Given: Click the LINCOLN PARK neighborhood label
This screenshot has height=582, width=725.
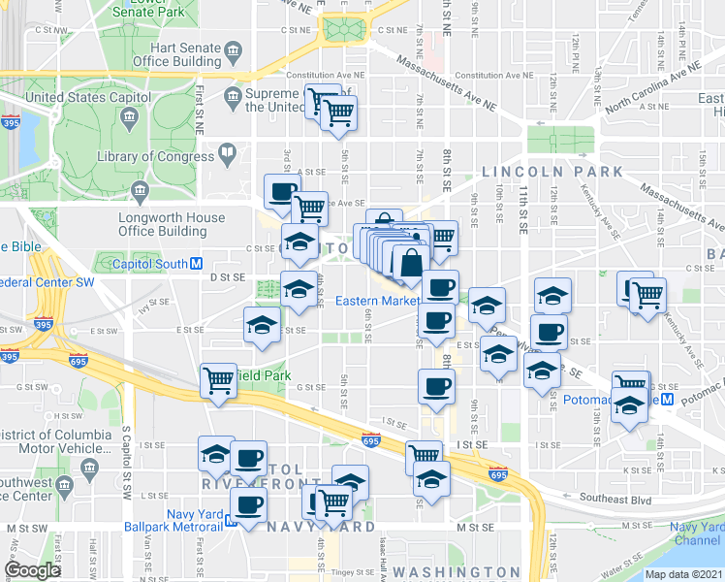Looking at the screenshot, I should pyautogui.click(x=552, y=172).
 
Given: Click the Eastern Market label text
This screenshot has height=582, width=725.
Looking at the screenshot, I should pyautogui.click(x=376, y=301).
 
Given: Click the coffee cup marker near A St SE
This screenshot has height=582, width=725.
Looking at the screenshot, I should pyautogui.click(x=283, y=192).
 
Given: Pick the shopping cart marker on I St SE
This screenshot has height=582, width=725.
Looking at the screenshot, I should pyautogui.click(x=425, y=456).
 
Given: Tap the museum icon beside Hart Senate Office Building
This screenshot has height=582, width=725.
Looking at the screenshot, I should pyautogui.click(x=233, y=48).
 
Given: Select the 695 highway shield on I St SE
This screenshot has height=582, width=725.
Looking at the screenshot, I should pyautogui.click(x=369, y=438).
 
